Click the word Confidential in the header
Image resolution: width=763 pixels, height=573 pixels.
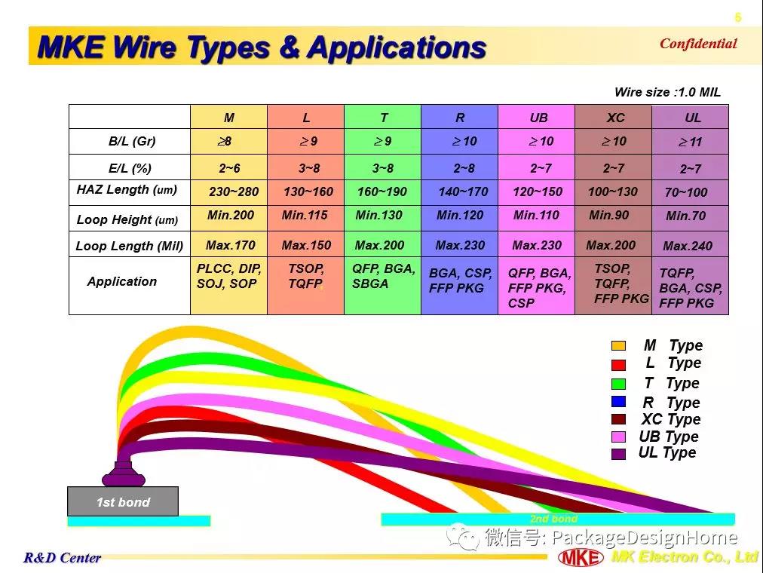[698, 43]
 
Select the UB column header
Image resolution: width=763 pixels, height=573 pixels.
[538, 118]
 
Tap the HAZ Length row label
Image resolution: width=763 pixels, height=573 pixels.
[127, 190]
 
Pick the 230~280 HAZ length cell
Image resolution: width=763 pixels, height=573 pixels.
[234, 192]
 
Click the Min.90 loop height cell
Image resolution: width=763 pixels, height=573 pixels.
[608, 215]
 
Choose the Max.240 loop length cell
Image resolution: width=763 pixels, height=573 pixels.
[688, 246]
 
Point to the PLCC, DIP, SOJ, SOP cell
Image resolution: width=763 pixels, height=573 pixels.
[228, 276]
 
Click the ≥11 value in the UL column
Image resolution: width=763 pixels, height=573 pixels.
[690, 142]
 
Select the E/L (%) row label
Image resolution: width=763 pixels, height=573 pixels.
[130, 168]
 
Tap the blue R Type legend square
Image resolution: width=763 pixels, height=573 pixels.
[618, 402]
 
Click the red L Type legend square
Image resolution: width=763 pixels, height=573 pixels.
[618, 365]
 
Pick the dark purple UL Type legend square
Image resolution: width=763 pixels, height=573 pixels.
[618, 454]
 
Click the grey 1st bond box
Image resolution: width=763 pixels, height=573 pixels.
[123, 501]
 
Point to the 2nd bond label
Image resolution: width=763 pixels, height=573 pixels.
[553, 519]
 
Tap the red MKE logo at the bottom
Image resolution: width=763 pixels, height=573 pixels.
[581, 557]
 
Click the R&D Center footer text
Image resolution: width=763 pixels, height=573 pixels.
[63, 557]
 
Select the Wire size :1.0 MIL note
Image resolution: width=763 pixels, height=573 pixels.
[667, 92]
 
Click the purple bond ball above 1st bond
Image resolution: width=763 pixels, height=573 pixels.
[124, 473]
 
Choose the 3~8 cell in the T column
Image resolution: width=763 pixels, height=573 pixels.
[383, 168]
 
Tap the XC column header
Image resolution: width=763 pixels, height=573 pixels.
[615, 118]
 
